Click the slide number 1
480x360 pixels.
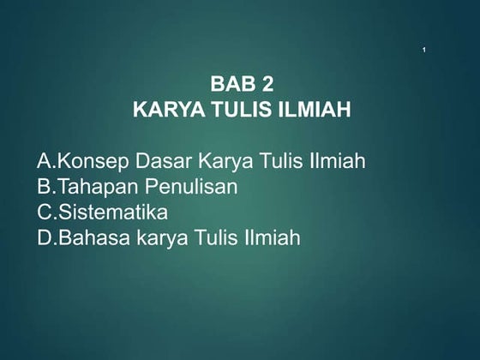(425, 55)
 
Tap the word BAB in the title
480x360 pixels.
(230, 85)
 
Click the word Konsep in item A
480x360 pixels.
(91, 160)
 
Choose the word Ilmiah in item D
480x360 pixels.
(270, 237)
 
